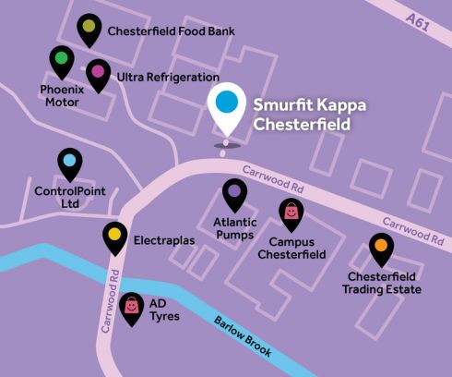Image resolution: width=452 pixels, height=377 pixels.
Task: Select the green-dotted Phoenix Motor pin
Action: pyautogui.click(x=61, y=62)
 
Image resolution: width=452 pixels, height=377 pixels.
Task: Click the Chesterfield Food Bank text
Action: pyautogui.click(x=171, y=31)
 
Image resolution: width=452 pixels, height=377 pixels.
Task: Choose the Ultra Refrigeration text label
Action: pyautogui.click(x=167, y=77)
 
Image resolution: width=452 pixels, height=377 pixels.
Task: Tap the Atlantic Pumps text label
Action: pyautogui.click(x=234, y=229)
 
